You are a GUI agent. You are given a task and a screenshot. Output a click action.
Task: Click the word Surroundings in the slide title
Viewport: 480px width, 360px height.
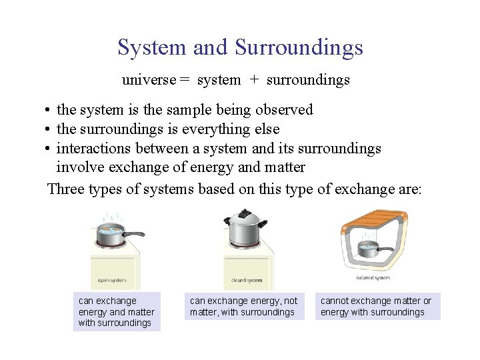[x=299, y=48]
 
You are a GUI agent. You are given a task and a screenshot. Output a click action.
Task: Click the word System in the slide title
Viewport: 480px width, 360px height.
[x=152, y=48]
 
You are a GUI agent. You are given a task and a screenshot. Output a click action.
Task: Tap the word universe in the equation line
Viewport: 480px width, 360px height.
[x=149, y=80]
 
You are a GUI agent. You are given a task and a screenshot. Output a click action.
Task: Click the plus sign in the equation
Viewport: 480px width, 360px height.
[x=253, y=81]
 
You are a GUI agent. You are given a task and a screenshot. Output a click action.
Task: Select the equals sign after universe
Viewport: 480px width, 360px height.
[x=184, y=81]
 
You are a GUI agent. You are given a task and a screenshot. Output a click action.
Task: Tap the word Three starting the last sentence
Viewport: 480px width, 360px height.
[x=67, y=189]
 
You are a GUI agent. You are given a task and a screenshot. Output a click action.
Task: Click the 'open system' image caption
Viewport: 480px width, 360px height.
[x=112, y=281]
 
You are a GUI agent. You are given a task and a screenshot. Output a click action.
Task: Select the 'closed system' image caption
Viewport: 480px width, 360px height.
[x=247, y=281]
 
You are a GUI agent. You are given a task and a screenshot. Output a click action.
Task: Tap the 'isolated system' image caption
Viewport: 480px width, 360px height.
[x=373, y=278]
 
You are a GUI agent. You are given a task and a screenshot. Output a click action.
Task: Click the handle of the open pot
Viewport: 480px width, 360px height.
[x=133, y=234]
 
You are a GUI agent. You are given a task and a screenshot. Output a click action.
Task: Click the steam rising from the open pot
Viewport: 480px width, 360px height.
[x=108, y=217]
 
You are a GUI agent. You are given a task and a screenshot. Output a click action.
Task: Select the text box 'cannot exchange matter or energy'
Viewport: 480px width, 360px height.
[x=377, y=306]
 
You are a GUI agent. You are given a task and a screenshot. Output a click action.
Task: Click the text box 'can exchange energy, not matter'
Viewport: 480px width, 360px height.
[x=245, y=306]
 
